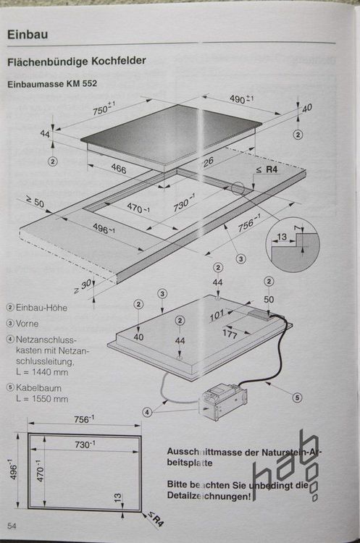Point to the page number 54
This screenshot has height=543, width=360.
pos(12,525)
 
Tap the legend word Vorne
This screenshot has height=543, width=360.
pos(27,323)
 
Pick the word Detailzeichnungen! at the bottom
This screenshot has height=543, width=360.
pos(210,496)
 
